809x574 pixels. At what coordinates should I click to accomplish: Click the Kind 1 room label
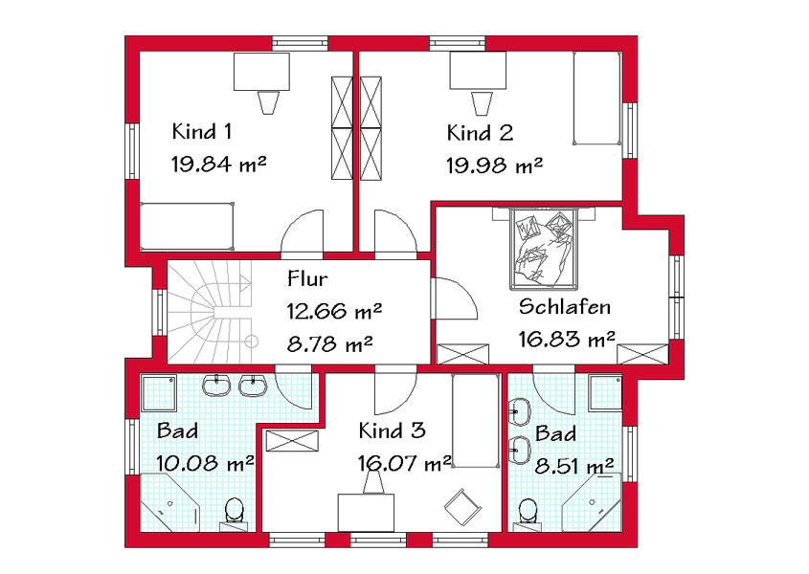(x=201, y=131)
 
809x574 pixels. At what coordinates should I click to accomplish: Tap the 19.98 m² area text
(x=494, y=166)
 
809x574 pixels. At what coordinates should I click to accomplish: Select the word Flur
(x=307, y=278)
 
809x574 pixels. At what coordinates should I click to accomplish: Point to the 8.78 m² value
(x=329, y=343)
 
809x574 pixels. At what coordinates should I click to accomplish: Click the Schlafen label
(x=565, y=307)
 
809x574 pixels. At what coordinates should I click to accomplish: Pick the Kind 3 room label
(x=393, y=430)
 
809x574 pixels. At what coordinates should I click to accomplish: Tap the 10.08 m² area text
(x=205, y=463)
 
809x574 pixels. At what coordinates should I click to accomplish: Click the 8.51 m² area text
(x=574, y=466)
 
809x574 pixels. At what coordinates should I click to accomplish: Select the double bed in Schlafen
(x=543, y=248)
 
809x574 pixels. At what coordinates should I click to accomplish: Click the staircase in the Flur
(x=211, y=312)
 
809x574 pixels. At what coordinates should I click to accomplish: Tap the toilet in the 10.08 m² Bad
(x=235, y=514)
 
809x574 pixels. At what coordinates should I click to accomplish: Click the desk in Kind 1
(x=261, y=72)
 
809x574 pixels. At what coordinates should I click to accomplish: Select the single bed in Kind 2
(x=597, y=98)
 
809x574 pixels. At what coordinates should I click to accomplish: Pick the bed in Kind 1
(x=187, y=227)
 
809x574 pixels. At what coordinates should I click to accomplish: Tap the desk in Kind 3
(x=366, y=513)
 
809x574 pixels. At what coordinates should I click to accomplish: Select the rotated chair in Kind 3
(x=462, y=507)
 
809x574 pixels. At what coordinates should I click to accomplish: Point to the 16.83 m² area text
(x=567, y=340)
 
